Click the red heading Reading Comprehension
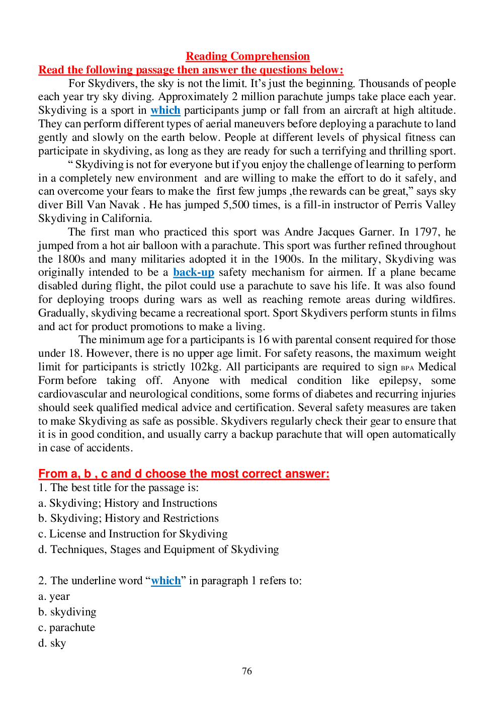(247, 56)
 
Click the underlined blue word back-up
(194, 272)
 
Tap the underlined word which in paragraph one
(165, 110)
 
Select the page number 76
(247, 671)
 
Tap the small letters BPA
(407, 368)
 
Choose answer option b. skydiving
(67, 612)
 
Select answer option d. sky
(52, 643)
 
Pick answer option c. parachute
(67, 627)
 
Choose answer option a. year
(54, 596)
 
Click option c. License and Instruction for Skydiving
(133, 534)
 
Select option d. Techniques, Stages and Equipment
(158, 550)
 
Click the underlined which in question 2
(165, 581)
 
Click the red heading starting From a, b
(184, 474)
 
